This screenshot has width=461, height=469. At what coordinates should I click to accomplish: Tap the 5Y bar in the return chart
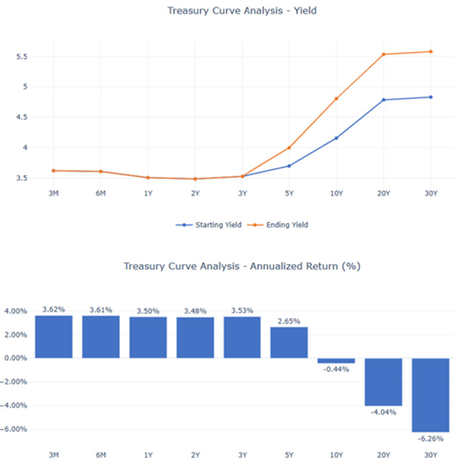click(289, 342)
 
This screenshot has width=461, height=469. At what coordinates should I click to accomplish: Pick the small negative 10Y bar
click(336, 361)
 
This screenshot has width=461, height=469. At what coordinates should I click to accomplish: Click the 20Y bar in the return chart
click(383, 381)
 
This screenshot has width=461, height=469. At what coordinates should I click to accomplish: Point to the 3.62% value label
click(54, 309)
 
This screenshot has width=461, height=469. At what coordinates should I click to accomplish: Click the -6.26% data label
click(430, 440)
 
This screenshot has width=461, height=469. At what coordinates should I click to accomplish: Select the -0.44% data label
click(336, 369)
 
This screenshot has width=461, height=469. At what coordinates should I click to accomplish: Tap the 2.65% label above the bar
click(289, 321)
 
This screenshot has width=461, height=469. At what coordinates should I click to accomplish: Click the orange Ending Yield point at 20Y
click(383, 54)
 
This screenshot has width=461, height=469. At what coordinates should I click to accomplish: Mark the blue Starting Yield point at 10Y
click(336, 138)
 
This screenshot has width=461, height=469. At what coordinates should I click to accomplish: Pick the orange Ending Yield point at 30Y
click(430, 51)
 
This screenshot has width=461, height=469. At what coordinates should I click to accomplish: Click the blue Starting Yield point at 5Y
click(289, 166)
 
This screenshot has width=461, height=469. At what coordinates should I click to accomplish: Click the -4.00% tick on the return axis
click(15, 405)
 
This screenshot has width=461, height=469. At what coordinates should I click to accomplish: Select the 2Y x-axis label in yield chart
click(195, 193)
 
